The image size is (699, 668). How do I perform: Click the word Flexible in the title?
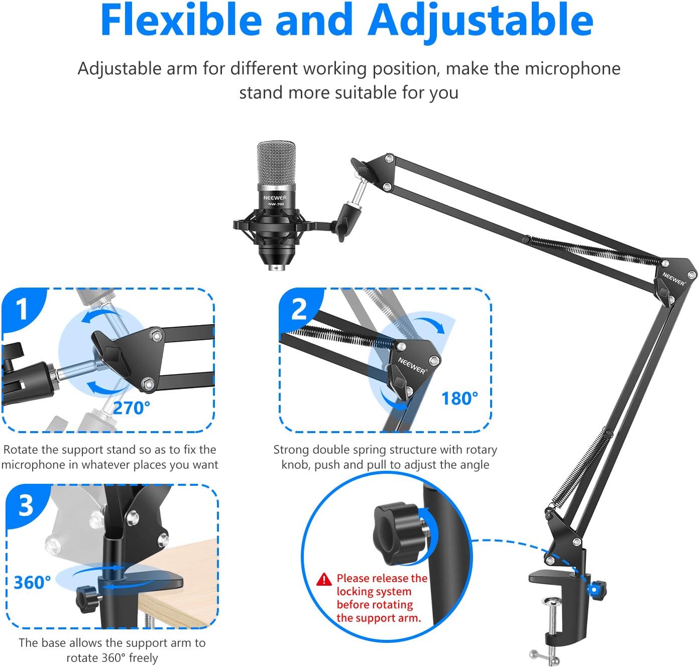(181, 20)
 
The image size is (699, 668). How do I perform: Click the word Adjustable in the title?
(481, 20)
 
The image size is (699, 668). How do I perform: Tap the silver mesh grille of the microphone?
(276, 163)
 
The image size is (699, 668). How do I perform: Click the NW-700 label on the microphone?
(276, 204)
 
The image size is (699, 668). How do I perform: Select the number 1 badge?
(22, 309)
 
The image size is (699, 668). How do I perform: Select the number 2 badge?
(299, 309)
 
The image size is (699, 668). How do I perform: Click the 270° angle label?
(131, 408)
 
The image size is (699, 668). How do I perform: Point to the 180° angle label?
(459, 398)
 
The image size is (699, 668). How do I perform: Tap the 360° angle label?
(32, 583)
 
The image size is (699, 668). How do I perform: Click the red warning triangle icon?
(324, 579)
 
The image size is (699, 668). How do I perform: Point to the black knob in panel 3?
(86, 597)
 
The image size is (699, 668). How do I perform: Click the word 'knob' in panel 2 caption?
(296, 465)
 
